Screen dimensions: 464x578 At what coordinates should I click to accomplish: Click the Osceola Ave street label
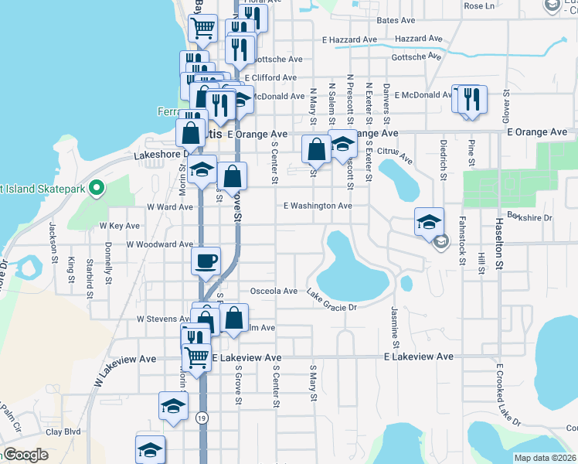point(274,292)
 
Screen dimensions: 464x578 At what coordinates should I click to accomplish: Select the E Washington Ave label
point(318,206)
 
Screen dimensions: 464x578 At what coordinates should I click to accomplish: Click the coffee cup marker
point(206,261)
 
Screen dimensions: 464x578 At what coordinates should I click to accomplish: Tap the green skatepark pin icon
point(96,187)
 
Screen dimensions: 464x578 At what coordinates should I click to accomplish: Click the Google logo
point(25,455)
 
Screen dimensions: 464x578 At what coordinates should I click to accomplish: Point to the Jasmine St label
point(396,326)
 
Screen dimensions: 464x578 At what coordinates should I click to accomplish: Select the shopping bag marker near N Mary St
point(316,148)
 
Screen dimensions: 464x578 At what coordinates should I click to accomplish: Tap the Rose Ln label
point(479,6)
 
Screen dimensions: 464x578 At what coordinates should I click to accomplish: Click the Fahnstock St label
point(461,246)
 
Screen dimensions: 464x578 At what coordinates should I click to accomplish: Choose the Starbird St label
point(90,278)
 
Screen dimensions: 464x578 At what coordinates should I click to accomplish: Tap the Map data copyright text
point(546,458)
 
